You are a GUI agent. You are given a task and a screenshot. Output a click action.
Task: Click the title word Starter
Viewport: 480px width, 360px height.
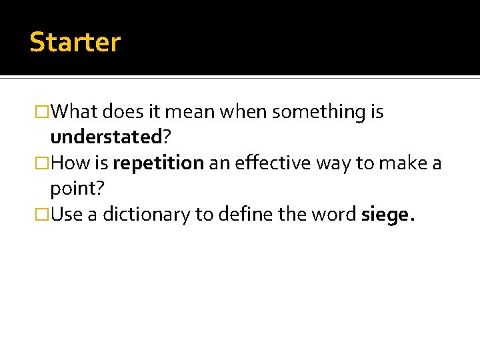tap(75, 42)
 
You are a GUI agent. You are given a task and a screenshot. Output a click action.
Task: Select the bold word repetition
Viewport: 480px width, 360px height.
tap(158, 163)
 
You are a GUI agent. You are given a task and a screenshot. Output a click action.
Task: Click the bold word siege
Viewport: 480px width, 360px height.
tap(386, 215)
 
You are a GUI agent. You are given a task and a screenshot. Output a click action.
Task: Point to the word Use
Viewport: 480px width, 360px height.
tap(63, 215)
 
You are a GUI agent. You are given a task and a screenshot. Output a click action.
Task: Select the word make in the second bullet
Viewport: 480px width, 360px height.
tap(395, 163)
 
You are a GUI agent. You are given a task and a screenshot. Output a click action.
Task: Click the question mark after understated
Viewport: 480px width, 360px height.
tap(167, 137)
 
